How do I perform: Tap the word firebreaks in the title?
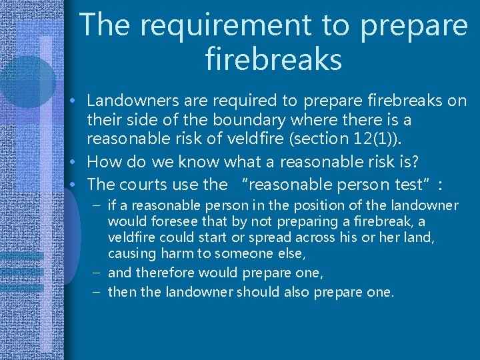pos(274,59)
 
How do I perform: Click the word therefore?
pos(161,273)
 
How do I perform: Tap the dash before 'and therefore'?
pos(98,273)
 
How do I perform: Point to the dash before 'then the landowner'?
pos(98,292)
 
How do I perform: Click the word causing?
pos(131,253)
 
